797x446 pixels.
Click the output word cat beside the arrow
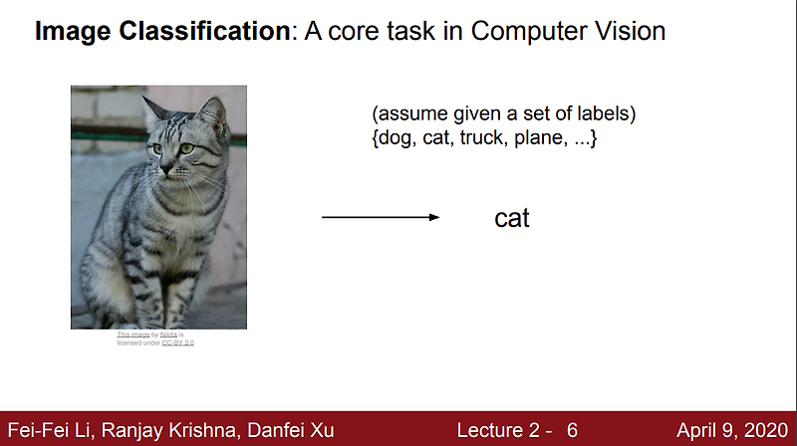pyautogui.click(x=511, y=218)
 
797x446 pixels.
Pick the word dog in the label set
pyautogui.click(x=398, y=138)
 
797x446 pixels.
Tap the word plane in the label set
pyautogui.click(x=539, y=138)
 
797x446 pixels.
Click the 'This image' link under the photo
pyautogui.click(x=133, y=334)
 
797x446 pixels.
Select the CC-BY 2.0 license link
pyautogui.click(x=178, y=342)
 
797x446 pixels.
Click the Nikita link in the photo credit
pyautogui.click(x=168, y=334)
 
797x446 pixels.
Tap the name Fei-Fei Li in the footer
pyautogui.click(x=46, y=430)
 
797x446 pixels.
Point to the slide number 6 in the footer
pyautogui.click(x=573, y=430)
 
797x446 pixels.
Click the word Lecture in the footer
pyautogui.click(x=489, y=430)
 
